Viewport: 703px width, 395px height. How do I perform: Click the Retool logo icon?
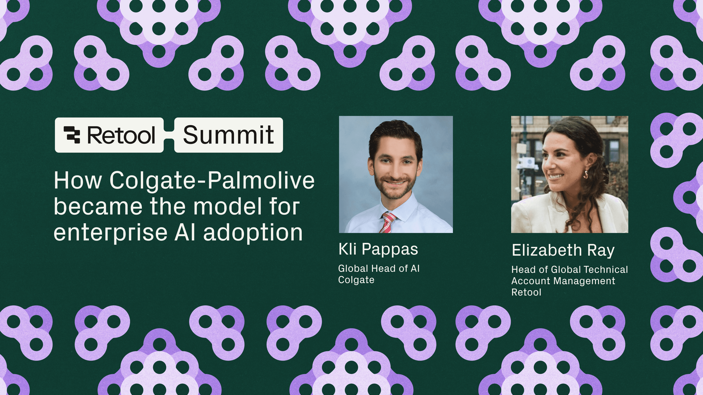click(72, 135)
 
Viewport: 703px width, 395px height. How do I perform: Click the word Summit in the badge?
click(228, 135)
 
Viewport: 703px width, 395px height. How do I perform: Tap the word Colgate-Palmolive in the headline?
click(212, 180)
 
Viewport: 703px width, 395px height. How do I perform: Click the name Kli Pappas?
click(378, 249)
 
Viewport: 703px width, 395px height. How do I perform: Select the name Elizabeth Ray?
click(563, 250)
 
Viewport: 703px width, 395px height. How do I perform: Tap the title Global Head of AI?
click(379, 268)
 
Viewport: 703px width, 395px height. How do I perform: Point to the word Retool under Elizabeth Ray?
click(526, 292)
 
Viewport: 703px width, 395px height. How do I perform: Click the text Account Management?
click(563, 281)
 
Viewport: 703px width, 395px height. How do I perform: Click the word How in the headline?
click(78, 180)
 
